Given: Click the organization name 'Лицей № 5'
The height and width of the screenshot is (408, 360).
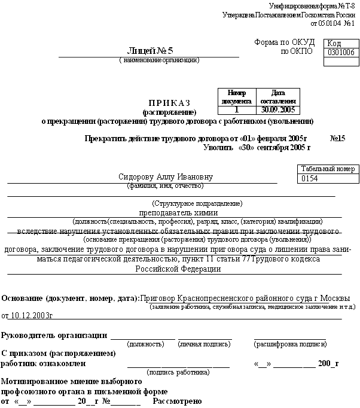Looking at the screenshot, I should click(148, 50).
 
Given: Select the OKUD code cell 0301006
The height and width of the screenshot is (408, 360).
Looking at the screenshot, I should click(339, 53).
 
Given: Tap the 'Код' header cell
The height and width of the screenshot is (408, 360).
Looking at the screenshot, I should click(334, 44).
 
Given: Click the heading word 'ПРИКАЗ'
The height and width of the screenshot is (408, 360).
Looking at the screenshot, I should click(169, 103).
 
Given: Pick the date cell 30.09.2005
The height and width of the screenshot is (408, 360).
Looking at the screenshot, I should click(277, 109).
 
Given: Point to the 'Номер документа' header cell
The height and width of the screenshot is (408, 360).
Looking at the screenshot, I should click(237, 97).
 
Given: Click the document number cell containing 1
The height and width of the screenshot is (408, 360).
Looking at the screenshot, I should click(237, 109).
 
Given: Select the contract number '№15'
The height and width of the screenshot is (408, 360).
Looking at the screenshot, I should click(337, 138).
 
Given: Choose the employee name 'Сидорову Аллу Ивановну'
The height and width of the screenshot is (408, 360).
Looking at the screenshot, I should click(166, 177).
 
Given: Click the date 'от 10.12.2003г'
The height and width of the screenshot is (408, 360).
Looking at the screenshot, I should click(28, 315).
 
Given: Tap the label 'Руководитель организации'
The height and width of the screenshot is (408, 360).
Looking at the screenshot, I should click(55, 335).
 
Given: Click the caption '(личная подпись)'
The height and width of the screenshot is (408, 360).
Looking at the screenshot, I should click(205, 345).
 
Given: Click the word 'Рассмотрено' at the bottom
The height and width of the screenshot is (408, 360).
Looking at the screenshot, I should click(178, 401).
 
